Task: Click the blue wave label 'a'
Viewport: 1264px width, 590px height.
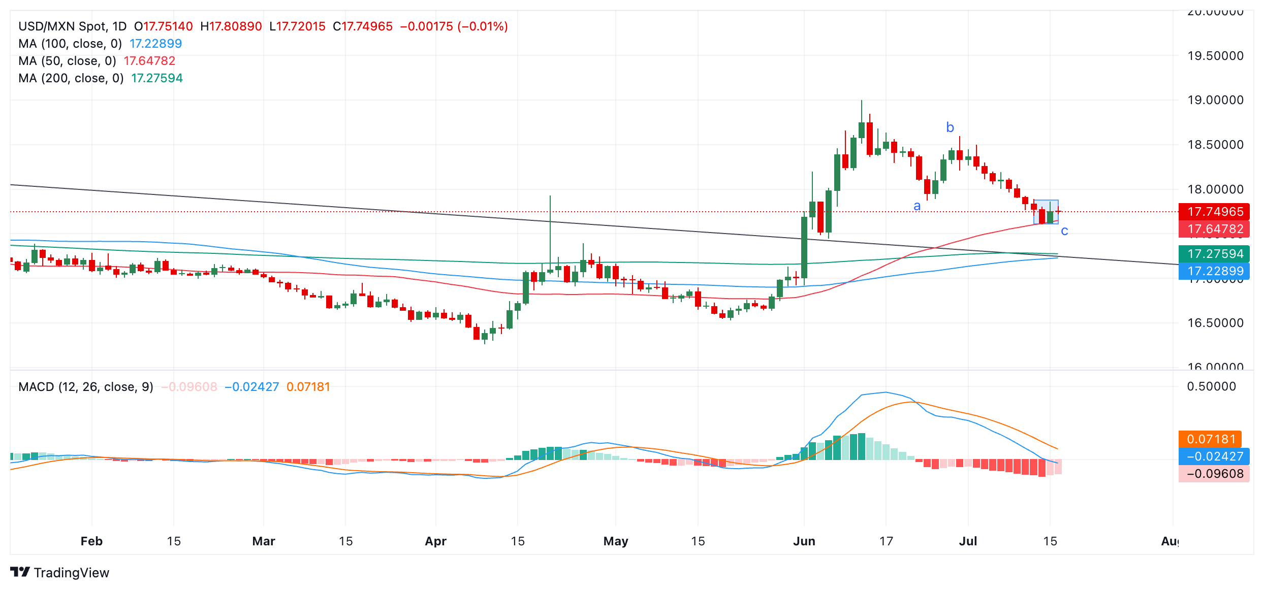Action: (x=917, y=206)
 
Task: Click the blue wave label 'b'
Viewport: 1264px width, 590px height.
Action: (x=950, y=127)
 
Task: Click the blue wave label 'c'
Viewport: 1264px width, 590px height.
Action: (x=1064, y=231)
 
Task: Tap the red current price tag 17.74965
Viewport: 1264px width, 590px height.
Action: (x=1215, y=212)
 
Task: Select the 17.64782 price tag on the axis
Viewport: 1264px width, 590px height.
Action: (x=1215, y=229)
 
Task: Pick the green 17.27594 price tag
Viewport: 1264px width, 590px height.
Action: (x=1215, y=254)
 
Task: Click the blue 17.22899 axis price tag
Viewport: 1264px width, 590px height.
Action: (x=1215, y=271)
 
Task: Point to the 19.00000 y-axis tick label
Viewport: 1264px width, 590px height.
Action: (x=1215, y=100)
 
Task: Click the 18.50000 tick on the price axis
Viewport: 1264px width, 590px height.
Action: (x=1215, y=145)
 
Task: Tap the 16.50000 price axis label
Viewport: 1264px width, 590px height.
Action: (x=1215, y=323)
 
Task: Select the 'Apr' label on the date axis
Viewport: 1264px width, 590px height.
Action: (x=435, y=541)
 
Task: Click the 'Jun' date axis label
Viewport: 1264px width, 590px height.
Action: (x=804, y=541)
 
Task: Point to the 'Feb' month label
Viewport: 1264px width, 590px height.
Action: (x=91, y=541)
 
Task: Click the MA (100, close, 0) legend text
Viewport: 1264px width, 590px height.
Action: (x=70, y=44)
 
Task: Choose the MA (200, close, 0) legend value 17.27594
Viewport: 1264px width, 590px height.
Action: (x=157, y=78)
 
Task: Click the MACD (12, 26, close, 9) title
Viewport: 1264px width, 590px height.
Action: (x=86, y=387)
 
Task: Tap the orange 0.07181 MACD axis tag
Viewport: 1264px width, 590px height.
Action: (x=1211, y=439)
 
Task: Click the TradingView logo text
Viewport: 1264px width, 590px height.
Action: (x=71, y=573)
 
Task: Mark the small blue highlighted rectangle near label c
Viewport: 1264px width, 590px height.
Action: (x=1046, y=212)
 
